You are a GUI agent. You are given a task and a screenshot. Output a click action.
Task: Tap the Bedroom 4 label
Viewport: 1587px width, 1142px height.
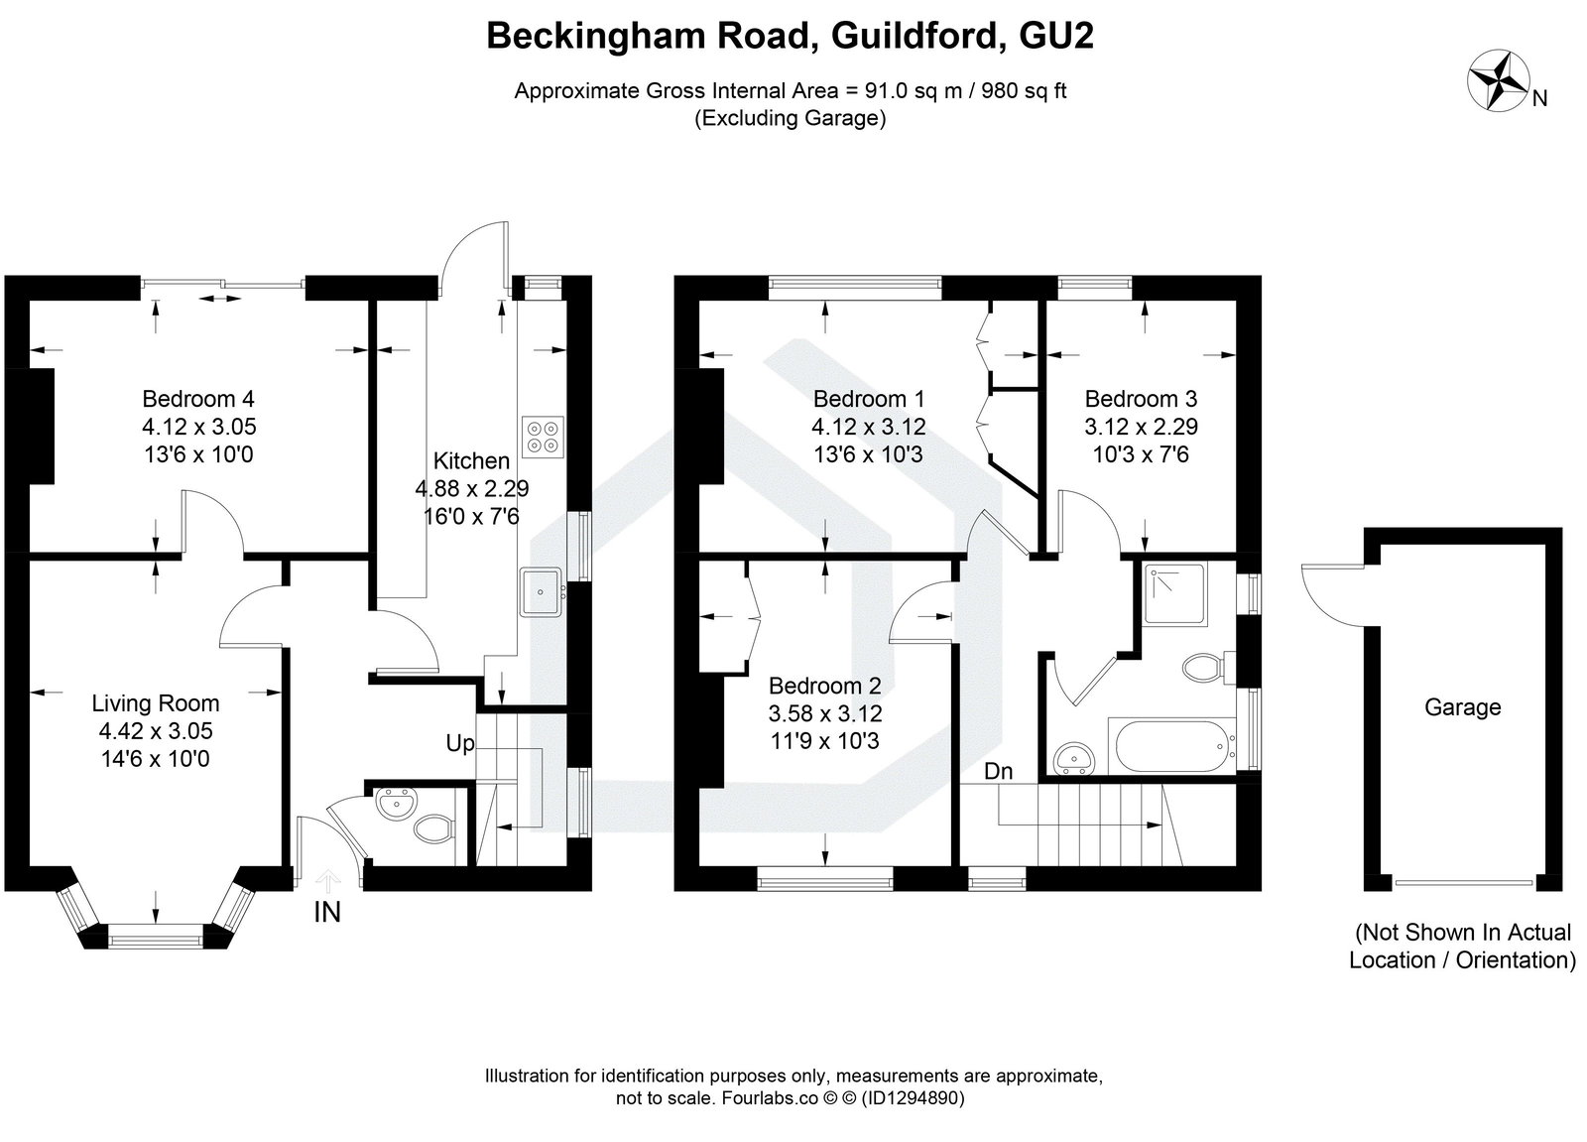pos(198,399)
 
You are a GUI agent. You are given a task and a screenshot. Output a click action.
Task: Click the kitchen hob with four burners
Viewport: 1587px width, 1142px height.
pos(542,435)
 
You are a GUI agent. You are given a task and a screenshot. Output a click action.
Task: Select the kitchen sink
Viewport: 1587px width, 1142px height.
pos(541,592)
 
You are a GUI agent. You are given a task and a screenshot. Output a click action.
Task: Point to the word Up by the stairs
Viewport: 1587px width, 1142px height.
pos(459,743)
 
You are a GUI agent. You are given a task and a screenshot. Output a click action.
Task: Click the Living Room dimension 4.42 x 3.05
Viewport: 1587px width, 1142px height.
pos(155,731)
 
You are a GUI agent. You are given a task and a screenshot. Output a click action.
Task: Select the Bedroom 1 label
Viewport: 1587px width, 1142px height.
pos(869,399)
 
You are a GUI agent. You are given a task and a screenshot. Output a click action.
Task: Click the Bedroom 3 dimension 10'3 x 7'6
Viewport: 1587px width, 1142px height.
pos(1141,454)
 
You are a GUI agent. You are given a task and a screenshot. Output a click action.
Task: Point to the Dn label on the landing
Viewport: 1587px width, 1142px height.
pos(998,771)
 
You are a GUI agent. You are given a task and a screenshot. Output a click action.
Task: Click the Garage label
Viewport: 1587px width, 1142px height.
pos(1462,707)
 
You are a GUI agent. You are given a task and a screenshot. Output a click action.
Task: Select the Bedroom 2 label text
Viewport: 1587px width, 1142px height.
pos(824,686)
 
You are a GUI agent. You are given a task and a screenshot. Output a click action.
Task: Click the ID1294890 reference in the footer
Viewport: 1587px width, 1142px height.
pos(913,1098)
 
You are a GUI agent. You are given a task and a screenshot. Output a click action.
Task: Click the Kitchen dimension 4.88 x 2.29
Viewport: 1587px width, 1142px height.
pos(471,488)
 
